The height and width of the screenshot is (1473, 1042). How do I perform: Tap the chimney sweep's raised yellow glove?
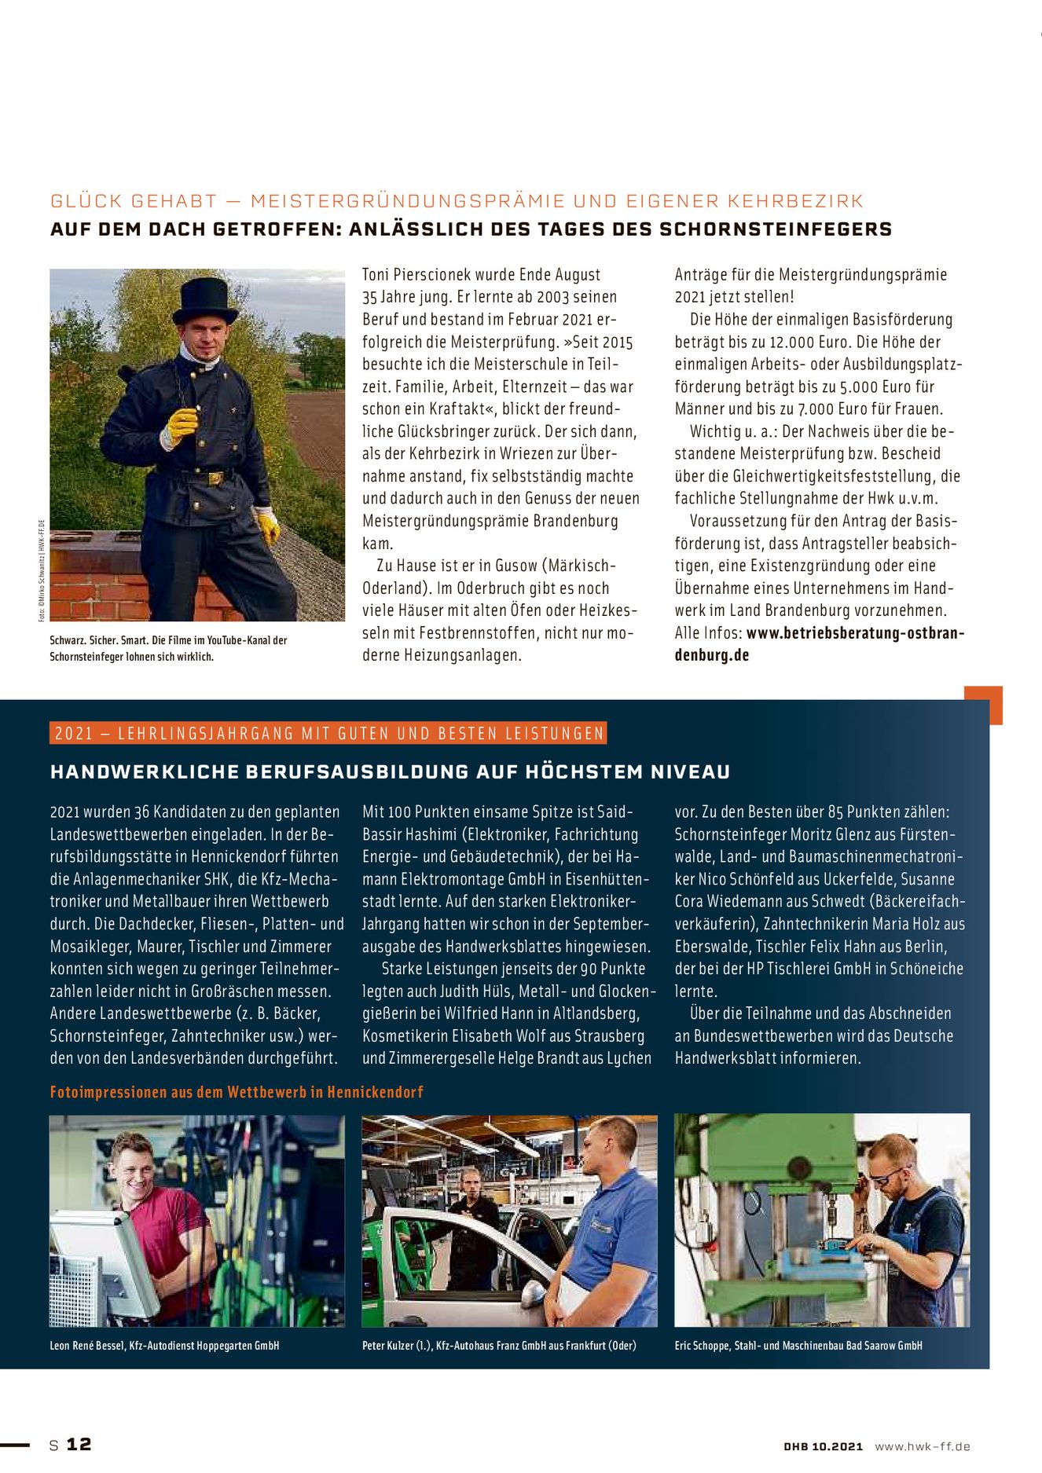tap(182, 423)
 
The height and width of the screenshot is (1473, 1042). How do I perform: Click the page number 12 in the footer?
tap(79, 1444)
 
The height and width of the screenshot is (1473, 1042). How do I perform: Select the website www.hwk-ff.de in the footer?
tap(923, 1446)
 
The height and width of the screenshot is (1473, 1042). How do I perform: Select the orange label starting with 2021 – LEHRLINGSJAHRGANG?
tap(328, 734)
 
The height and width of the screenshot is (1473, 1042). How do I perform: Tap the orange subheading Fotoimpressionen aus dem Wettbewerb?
tap(237, 1092)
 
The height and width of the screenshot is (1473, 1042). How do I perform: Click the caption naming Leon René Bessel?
tap(164, 1346)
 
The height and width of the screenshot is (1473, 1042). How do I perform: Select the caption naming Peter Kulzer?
tap(499, 1346)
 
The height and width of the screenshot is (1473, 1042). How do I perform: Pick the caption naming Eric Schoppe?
tap(798, 1346)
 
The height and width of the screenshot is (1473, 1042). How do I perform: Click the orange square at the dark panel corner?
tap(983, 705)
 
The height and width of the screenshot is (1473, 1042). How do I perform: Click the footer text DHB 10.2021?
tap(823, 1446)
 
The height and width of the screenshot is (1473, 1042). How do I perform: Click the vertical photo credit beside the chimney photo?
tap(42, 570)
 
